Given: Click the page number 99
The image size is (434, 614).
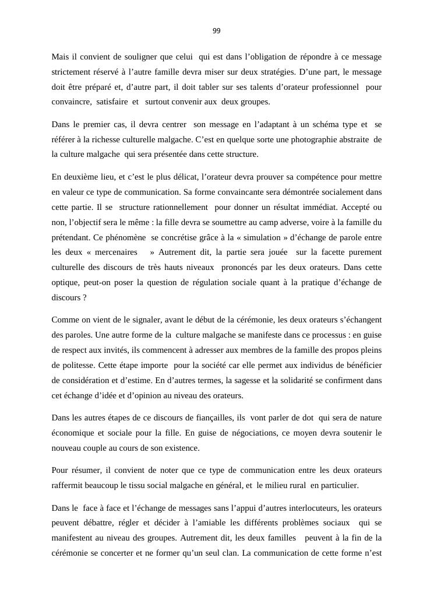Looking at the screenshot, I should [x=217, y=31].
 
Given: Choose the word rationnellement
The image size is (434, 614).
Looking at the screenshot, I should [x=181, y=207].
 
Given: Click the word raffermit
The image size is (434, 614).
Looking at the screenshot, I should [x=69, y=485].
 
